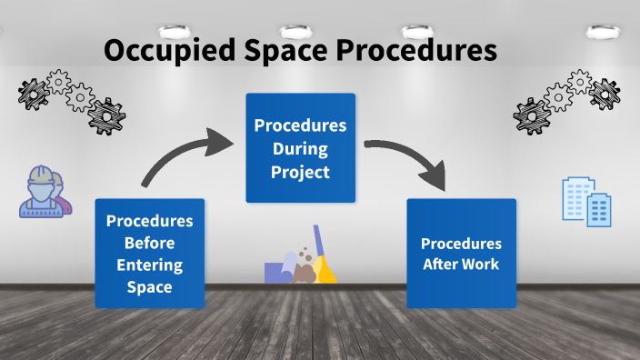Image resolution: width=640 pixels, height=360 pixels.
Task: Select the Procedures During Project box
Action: [300, 147]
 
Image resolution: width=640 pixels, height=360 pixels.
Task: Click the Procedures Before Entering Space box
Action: [149, 254]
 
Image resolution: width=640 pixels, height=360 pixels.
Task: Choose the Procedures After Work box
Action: [461, 254]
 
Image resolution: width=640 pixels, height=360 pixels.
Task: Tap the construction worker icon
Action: [43, 192]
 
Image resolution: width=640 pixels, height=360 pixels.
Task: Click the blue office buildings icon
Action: [586, 201]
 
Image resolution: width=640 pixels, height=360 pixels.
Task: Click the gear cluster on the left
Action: [71, 98]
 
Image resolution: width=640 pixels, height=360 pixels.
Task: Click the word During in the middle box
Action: [300, 147]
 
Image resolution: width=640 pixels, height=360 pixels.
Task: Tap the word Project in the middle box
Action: [300, 171]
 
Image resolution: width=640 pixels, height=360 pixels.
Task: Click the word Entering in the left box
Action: [149, 265]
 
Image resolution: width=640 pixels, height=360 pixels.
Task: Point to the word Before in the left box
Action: [149, 243]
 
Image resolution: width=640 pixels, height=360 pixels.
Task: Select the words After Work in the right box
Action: [461, 265]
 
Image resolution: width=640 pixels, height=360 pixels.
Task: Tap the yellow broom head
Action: [326, 270]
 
